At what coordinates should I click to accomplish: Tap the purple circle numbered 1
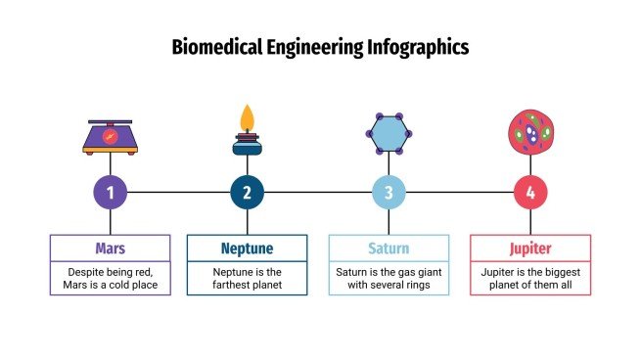click(110, 193)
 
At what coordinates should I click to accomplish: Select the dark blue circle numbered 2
click(247, 193)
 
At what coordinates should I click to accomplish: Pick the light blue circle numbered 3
click(389, 193)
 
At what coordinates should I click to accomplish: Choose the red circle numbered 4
click(530, 193)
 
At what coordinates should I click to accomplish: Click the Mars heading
click(110, 247)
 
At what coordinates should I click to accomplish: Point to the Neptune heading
click(247, 247)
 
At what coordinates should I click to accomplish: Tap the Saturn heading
click(389, 247)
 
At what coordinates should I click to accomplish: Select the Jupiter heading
click(530, 247)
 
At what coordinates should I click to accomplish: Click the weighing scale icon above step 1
click(110, 137)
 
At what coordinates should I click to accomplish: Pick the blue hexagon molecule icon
click(389, 132)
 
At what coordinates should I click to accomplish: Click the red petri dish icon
click(530, 132)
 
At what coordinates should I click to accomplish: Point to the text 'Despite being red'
click(110, 271)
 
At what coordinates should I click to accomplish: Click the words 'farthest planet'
click(247, 286)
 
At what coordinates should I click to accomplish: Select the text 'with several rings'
click(389, 286)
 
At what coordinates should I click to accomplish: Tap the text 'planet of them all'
click(530, 286)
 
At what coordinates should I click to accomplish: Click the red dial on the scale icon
click(110, 136)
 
